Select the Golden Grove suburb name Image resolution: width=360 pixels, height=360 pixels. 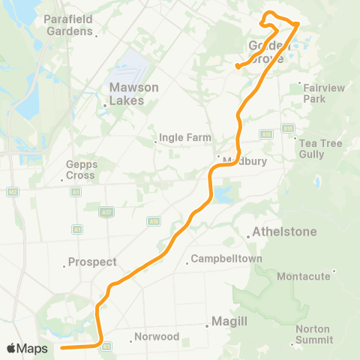click(x=268, y=52)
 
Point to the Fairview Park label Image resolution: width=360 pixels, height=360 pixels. click(x=324, y=93)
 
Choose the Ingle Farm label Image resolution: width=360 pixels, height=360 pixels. click(x=184, y=138)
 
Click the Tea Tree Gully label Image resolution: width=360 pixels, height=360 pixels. click(x=321, y=148)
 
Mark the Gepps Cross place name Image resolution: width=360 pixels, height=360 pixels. click(x=80, y=169)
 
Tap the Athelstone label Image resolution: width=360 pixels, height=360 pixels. click(x=285, y=232)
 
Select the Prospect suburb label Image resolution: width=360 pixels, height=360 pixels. click(x=91, y=262)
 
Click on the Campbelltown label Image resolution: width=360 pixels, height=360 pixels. click(x=226, y=259)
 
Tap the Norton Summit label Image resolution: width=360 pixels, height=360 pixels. click(x=313, y=334)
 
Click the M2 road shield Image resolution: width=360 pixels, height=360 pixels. click(x=13, y=192)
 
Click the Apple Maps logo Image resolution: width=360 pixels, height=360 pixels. click(x=27, y=349)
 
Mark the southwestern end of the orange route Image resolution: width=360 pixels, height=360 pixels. click(x=61, y=348)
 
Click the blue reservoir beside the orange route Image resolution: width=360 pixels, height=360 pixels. click(x=223, y=196)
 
